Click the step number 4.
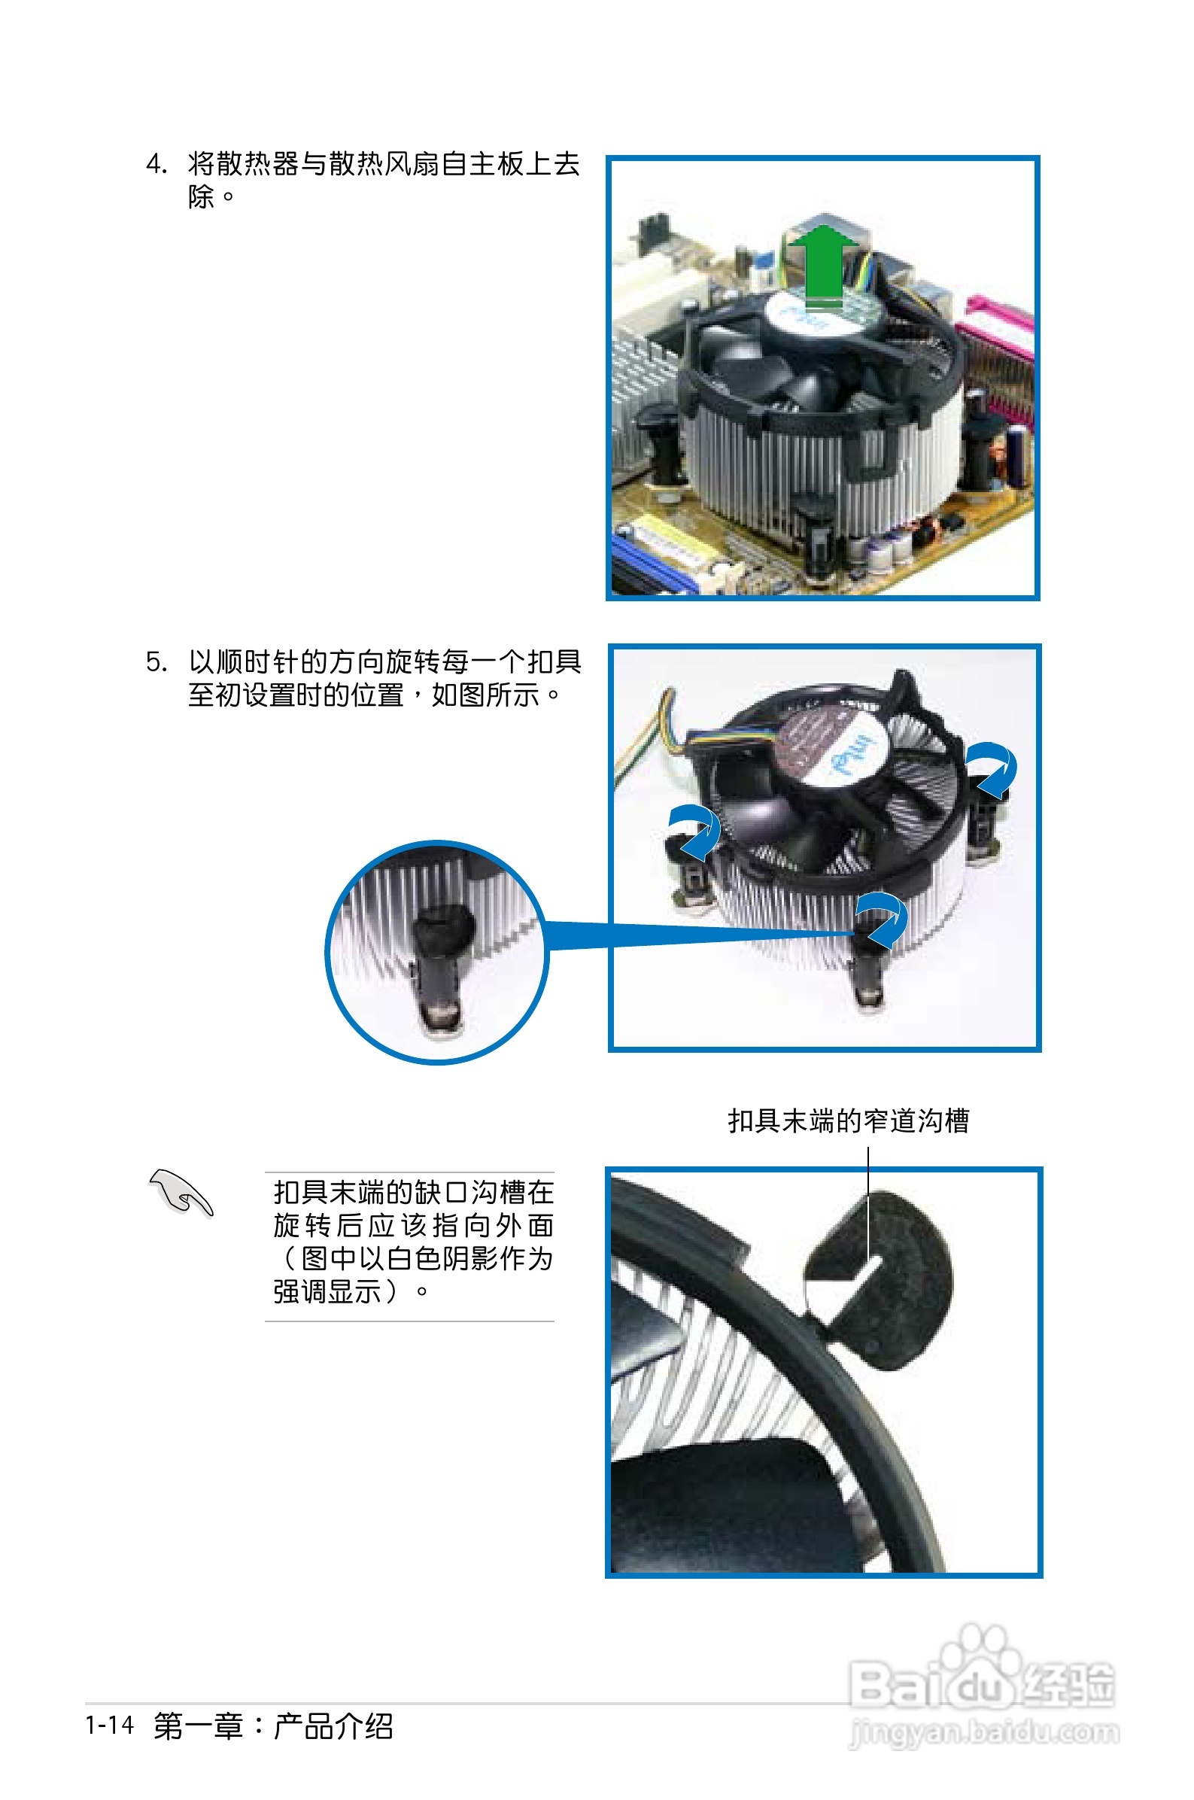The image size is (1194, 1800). [x=155, y=164]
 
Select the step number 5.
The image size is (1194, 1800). [x=155, y=661]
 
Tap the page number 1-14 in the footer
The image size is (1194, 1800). [x=110, y=1725]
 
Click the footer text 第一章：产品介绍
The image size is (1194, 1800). [x=273, y=1726]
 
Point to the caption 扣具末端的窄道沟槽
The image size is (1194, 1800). [x=848, y=1120]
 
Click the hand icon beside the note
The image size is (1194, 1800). [x=181, y=1193]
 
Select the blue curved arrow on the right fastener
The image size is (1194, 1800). [x=993, y=768]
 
